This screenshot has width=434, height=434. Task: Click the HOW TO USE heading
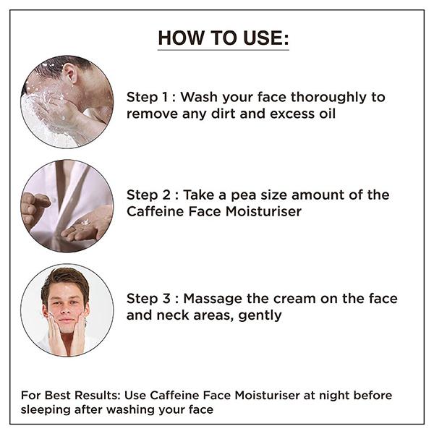[x=223, y=38]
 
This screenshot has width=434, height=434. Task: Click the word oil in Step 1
[x=325, y=114]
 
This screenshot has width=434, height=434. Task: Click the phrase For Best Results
[x=69, y=395]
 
